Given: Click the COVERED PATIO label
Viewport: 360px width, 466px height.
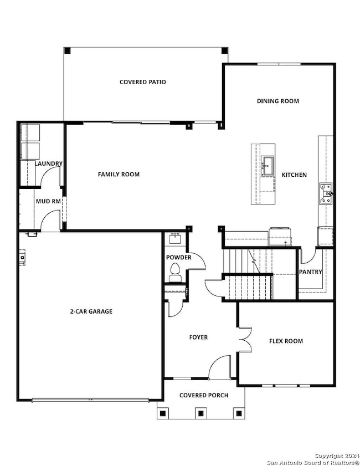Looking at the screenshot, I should (142, 82).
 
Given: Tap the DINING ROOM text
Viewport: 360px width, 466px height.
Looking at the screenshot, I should (277, 101).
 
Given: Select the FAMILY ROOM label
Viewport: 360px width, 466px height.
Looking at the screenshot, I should (119, 175).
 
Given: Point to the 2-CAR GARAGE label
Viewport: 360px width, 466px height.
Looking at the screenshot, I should (91, 311).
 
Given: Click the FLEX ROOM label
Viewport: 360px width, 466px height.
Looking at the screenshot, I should (286, 341).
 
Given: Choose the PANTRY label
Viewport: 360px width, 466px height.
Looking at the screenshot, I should (311, 272).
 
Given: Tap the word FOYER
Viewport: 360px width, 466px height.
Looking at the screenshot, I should (198, 337).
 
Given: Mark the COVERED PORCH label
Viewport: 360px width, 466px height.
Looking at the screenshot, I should (200, 395).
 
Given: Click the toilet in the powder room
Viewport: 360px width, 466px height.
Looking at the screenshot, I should (176, 270).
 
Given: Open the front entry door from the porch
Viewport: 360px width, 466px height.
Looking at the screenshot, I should (220, 367).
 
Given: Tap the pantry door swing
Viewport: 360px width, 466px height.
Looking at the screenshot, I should (308, 257).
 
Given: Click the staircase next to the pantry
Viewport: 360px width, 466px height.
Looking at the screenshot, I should (248, 274).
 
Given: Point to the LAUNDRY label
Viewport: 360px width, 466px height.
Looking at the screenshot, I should (48, 164).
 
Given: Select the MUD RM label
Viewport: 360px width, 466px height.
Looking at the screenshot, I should (48, 201).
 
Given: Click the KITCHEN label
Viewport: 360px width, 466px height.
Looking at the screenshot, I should (294, 175).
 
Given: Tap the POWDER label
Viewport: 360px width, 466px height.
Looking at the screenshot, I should (178, 257).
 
